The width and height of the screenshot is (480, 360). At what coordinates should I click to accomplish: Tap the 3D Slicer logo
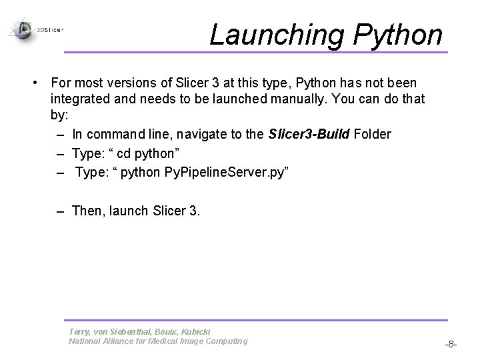(x=37, y=29)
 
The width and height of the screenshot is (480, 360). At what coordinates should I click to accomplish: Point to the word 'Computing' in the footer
(x=223, y=341)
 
